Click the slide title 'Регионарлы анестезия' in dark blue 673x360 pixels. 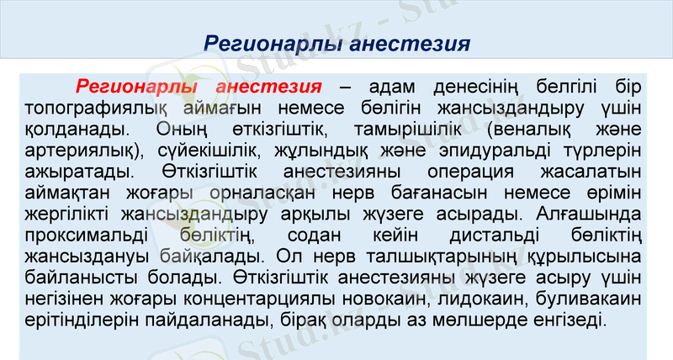tap(336, 42)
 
